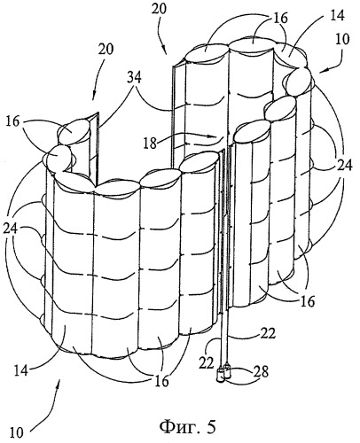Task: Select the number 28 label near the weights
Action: pyautogui.click(x=261, y=372)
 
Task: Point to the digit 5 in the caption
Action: pyautogui.click(x=210, y=427)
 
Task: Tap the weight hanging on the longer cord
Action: pyautogui.click(x=220, y=376)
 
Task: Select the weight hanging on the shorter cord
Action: pyautogui.click(x=228, y=371)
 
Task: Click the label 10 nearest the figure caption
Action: pyautogui.click(x=17, y=432)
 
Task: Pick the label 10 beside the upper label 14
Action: pyautogui.click(x=341, y=39)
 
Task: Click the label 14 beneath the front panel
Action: pyautogui.click(x=20, y=370)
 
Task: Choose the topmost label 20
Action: pyautogui.click(x=159, y=9)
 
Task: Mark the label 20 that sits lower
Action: pyautogui.click(x=106, y=49)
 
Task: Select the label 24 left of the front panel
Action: pyautogui.click(x=12, y=229)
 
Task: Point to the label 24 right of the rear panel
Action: pyautogui.click(x=345, y=166)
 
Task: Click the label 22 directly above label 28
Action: pyautogui.click(x=268, y=333)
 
